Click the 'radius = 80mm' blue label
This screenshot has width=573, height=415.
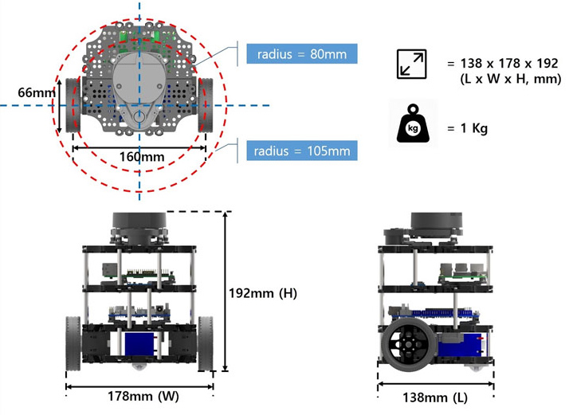point(301,53)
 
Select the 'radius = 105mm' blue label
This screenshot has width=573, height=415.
point(301,150)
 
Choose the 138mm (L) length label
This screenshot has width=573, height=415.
point(437,395)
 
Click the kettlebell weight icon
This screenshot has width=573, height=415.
point(414,123)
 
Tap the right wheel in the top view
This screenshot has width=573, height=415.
point(206,104)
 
